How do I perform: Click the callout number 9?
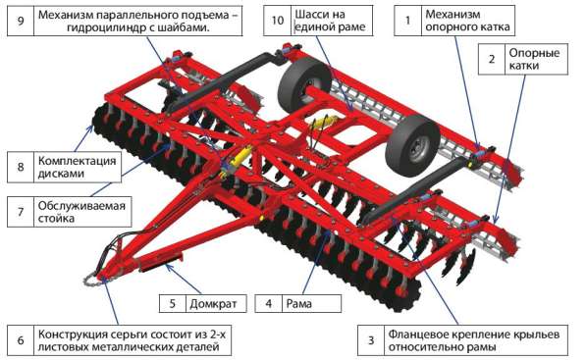click(21, 21)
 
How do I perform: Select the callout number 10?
click(278, 21)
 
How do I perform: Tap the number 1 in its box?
click(407, 21)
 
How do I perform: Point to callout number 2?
click(492, 59)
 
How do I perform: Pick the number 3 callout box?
click(371, 340)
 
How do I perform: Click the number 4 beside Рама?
click(268, 303)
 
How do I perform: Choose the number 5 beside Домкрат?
click(173, 303)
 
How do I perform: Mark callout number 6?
click(21, 340)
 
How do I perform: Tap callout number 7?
click(21, 212)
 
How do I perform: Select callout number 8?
click(21, 167)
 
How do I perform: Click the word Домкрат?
click(213, 304)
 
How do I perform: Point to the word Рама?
click(299, 304)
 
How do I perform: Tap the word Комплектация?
click(77, 161)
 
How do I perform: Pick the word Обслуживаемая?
click(81, 206)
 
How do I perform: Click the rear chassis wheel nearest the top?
click(303, 87)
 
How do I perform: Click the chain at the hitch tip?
click(91, 280)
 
